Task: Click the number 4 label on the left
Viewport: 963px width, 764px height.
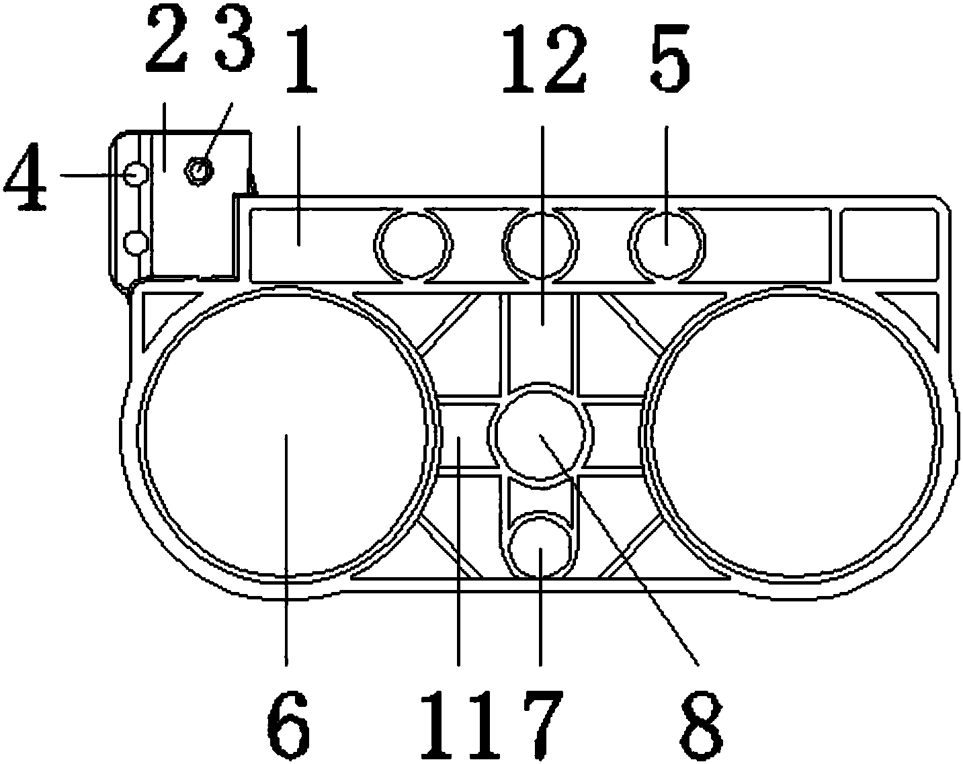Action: [x=26, y=176]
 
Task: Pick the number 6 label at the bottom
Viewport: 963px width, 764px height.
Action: [x=288, y=722]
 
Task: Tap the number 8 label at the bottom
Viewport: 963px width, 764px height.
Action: [x=701, y=722]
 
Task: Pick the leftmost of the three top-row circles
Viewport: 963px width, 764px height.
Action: [x=414, y=243]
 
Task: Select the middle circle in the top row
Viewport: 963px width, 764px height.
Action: [x=541, y=243]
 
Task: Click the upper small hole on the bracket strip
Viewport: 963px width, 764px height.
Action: [x=136, y=174]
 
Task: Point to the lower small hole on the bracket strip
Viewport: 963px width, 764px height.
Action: [x=136, y=242]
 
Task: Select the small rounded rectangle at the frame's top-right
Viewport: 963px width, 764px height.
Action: [x=889, y=243]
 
